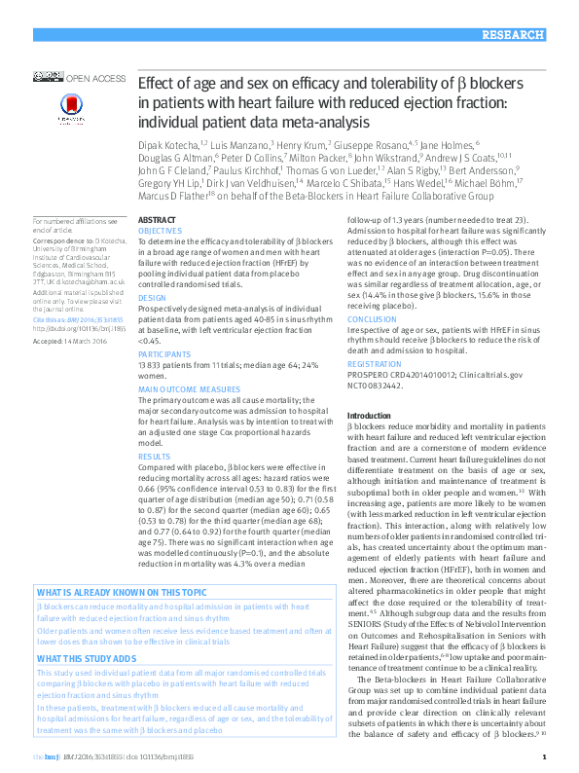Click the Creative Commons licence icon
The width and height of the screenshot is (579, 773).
point(47,76)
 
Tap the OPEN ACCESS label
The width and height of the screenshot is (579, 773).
point(95,76)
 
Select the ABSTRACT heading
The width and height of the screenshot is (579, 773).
point(157,220)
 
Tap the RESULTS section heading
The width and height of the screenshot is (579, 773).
point(154,455)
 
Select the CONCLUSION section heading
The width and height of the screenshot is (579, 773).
point(372,318)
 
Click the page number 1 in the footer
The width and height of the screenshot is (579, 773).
point(543,755)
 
